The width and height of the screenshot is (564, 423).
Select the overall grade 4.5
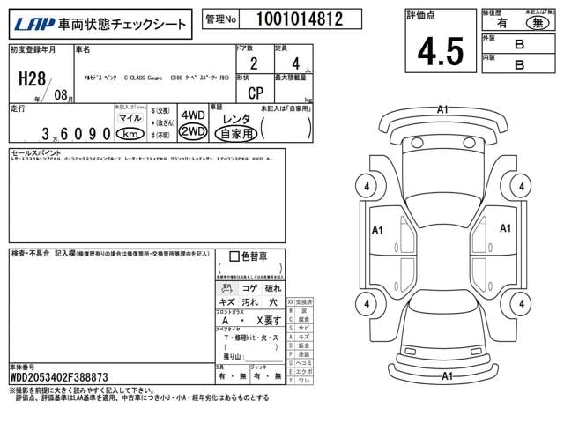[x=441, y=51]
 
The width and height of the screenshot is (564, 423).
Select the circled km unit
[x=130, y=133]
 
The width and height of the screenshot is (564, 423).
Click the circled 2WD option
[x=192, y=132]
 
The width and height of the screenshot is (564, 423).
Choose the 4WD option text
[x=192, y=116]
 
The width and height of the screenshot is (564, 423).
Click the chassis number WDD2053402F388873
[x=59, y=376]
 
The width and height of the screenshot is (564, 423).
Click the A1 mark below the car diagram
[x=446, y=376]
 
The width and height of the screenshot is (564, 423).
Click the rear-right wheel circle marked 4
[x=522, y=305]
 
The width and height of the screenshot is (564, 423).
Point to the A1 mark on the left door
[x=377, y=231]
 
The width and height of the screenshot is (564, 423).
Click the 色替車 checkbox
[x=234, y=256]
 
